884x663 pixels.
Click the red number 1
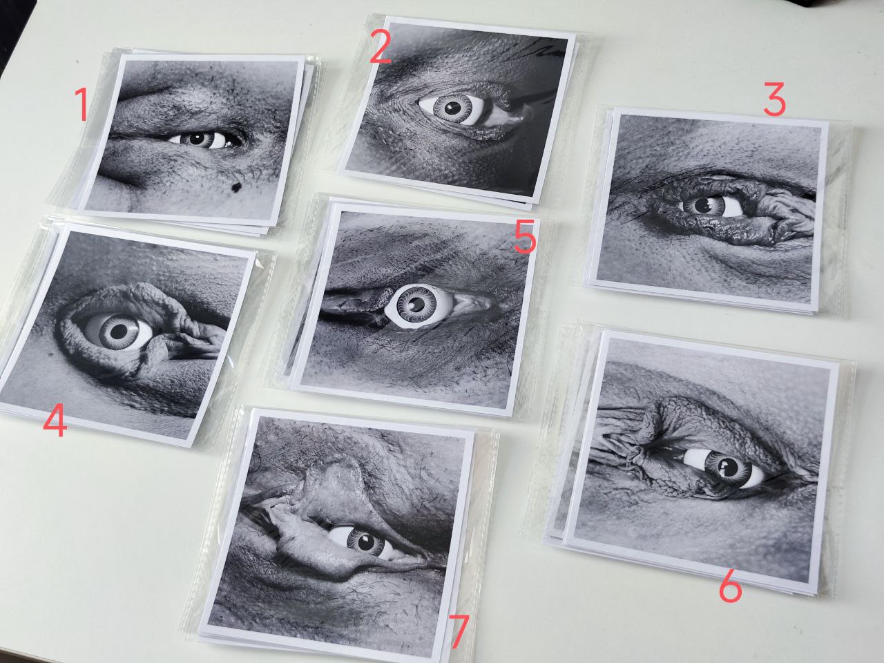[82, 105]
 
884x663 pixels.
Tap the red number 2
[380, 48]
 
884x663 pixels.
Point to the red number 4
[55, 421]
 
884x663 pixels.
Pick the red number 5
[524, 237]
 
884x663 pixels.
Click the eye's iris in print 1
[197, 140]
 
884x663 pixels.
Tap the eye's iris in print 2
[453, 108]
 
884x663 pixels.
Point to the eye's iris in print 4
[118, 331]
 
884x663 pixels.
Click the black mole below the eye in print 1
[236, 186]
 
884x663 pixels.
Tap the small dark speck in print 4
[50, 354]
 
